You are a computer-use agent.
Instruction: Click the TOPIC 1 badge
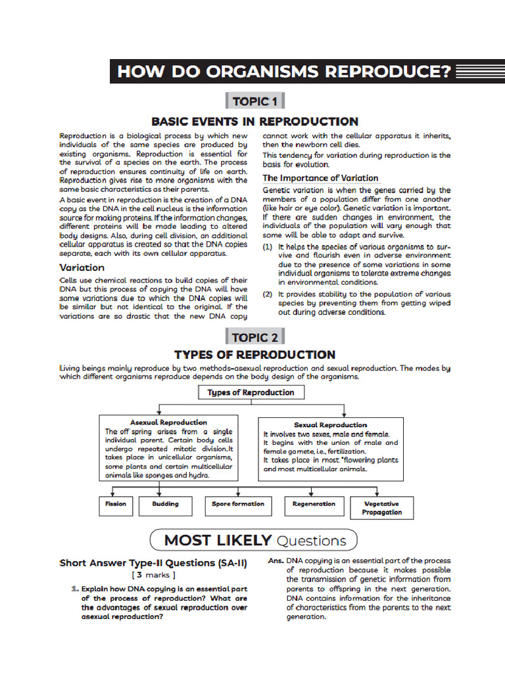click(x=255, y=101)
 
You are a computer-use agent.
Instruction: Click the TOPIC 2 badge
click(x=255, y=337)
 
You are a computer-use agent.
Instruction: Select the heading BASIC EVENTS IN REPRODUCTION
click(x=255, y=122)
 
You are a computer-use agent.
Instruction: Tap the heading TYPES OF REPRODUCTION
click(x=255, y=355)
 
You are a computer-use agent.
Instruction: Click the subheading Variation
click(x=82, y=267)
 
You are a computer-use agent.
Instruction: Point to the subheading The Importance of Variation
click(x=320, y=178)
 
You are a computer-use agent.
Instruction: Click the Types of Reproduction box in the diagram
click(x=251, y=393)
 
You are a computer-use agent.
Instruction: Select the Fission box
click(x=116, y=504)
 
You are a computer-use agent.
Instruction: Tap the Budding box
click(x=165, y=504)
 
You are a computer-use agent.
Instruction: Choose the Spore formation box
click(x=237, y=504)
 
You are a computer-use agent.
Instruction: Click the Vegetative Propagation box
click(x=381, y=508)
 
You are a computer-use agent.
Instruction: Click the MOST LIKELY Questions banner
click(x=254, y=540)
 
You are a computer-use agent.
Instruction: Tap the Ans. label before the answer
click(x=276, y=561)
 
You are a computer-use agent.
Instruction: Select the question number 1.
click(x=76, y=589)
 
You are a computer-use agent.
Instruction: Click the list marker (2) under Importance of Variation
click(x=268, y=294)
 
